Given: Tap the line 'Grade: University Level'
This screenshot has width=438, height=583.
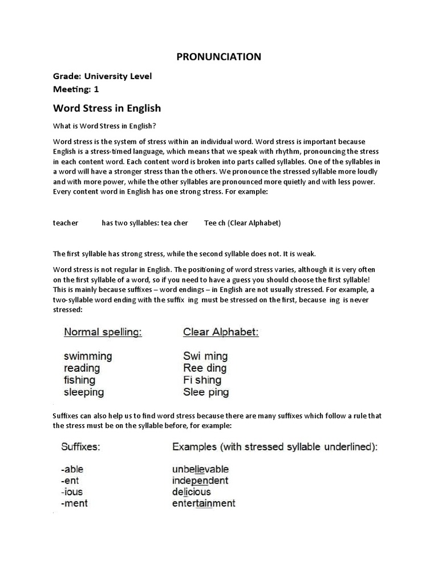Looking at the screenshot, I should [103, 76].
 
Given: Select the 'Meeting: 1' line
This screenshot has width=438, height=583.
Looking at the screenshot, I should [80, 89].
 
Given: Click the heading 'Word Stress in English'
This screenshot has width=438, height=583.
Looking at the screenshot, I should [107, 108].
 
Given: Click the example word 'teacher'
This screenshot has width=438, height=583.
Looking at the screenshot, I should [66, 223].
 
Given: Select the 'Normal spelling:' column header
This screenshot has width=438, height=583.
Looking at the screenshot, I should [103, 332].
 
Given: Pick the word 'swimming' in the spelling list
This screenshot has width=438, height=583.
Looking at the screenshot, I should [88, 356].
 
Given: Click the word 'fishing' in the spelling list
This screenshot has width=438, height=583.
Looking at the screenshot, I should [79, 380].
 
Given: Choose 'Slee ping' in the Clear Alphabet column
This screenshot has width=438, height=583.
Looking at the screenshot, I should [206, 392].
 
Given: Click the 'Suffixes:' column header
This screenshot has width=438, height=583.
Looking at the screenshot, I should [80, 447].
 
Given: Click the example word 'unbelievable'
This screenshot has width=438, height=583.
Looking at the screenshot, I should [200, 470].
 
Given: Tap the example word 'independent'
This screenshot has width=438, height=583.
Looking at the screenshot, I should [200, 481].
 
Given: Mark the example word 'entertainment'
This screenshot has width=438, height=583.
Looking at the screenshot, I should [204, 503].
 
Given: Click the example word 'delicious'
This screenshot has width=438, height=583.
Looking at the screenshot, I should [192, 492].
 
